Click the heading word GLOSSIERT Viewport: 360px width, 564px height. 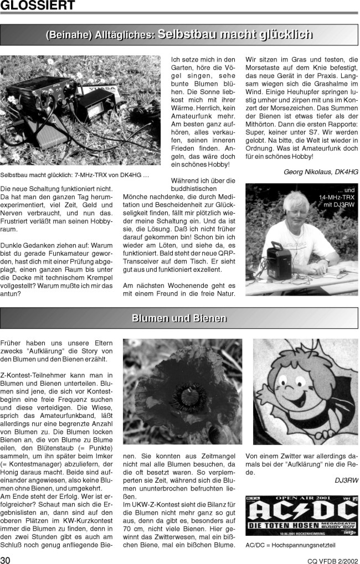[38, 6]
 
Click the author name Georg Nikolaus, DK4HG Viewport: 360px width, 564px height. [321, 172]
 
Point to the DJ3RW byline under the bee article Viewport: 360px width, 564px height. [346, 480]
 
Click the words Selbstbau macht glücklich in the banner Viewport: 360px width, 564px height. [235, 34]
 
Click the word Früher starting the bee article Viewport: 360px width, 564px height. [12, 343]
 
